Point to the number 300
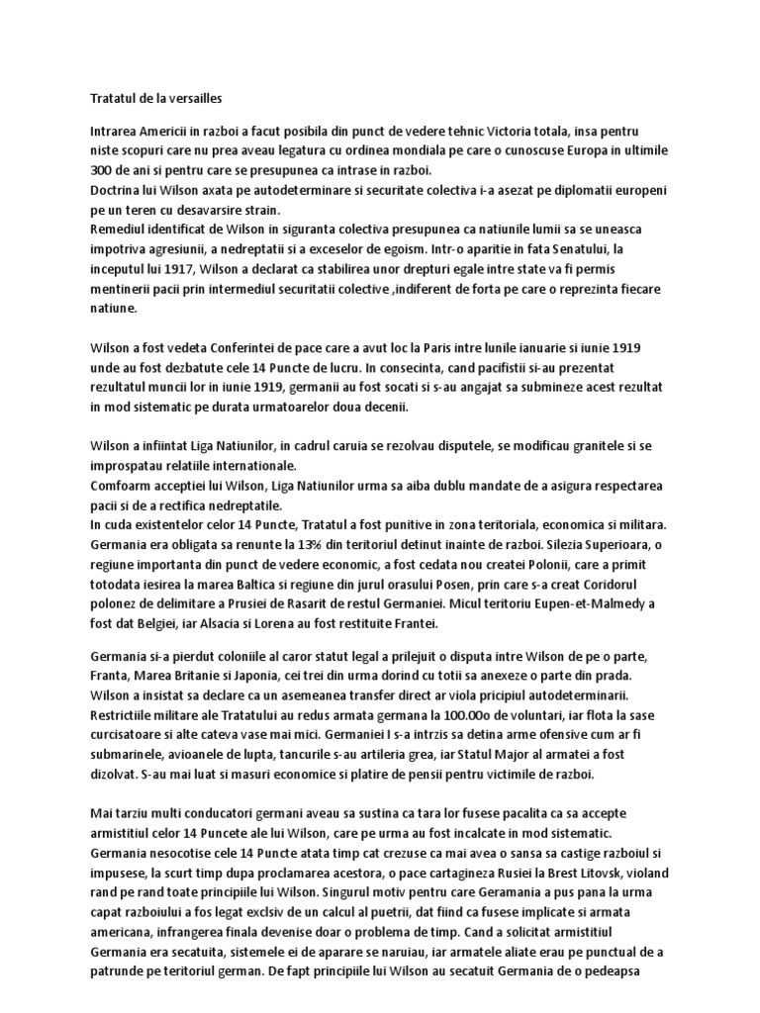pyautogui.click(x=90, y=169)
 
